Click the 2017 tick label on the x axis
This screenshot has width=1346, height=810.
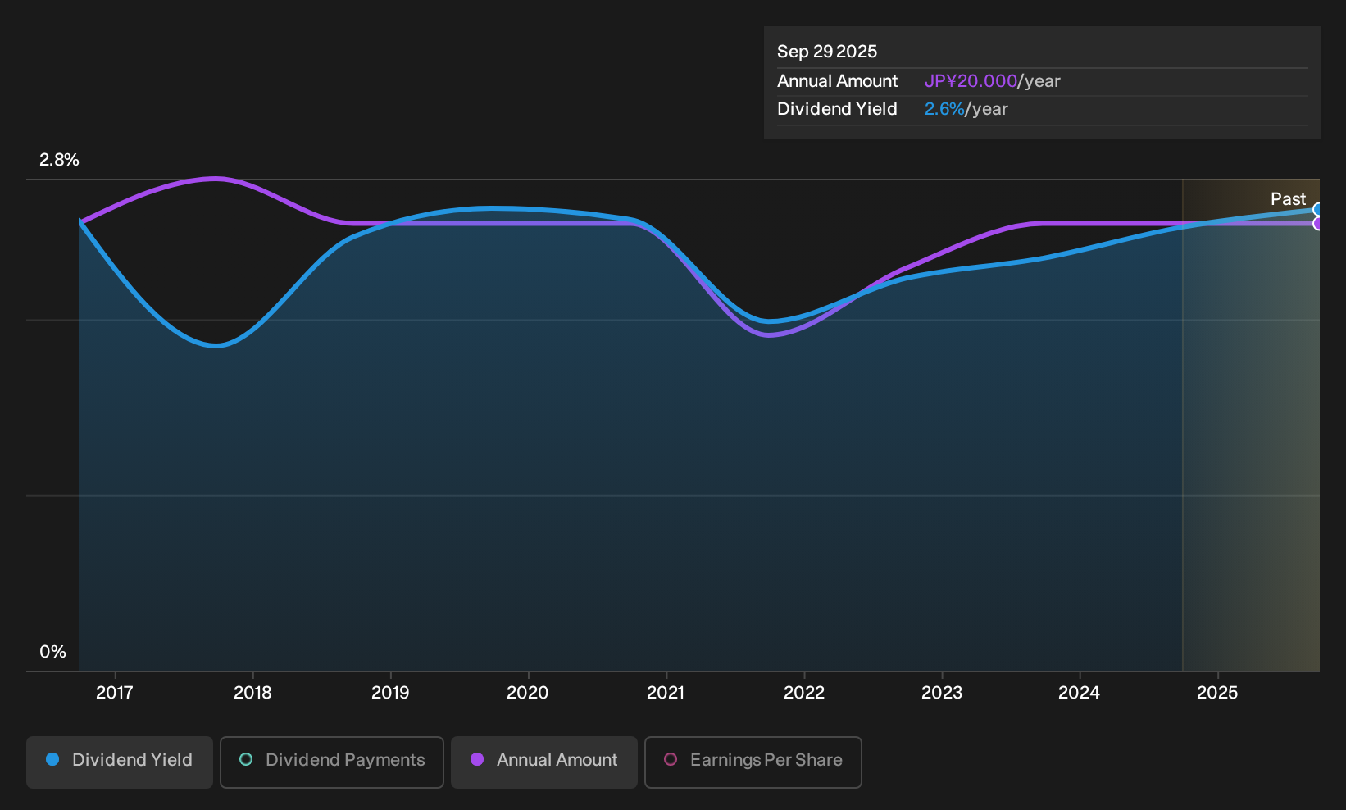pyautogui.click(x=114, y=693)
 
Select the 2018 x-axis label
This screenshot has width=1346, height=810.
pyautogui.click(x=252, y=693)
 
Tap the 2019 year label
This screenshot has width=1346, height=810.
pyautogui.click(x=390, y=693)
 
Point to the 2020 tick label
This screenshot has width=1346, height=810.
pyautogui.click(x=528, y=693)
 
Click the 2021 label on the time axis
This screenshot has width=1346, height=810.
pyautogui.click(x=666, y=693)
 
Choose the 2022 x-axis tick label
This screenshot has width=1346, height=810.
pyautogui.click(x=804, y=693)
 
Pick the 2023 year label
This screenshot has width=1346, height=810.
pyautogui.click(x=942, y=693)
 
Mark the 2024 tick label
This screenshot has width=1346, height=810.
pyautogui.click(x=1080, y=693)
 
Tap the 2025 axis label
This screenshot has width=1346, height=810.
pyautogui.click(x=1217, y=693)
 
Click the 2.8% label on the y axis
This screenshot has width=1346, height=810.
pyautogui.click(x=59, y=160)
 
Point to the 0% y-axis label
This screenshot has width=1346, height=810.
pyautogui.click(x=53, y=652)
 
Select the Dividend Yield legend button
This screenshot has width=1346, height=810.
pyautogui.click(x=120, y=762)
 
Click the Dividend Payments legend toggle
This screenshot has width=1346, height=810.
pyautogui.click(x=332, y=762)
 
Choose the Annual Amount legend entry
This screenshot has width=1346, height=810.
pyautogui.click(x=543, y=762)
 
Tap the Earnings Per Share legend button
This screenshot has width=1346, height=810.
pyautogui.click(x=753, y=762)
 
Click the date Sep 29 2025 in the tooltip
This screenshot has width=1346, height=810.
pyautogui.click(x=827, y=52)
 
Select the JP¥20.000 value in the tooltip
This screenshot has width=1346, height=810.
pyautogui.click(x=971, y=81)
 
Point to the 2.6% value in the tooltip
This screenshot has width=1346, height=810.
pyautogui.click(x=944, y=109)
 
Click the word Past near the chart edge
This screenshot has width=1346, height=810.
pyautogui.click(x=1289, y=199)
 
